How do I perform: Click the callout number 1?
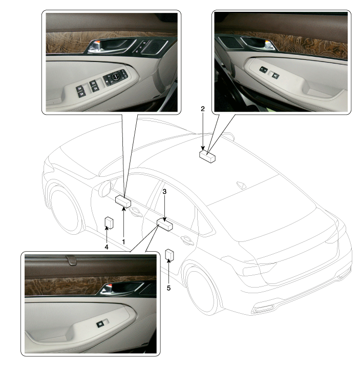[123, 242]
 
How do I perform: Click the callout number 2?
[203, 109]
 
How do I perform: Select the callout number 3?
[164, 192]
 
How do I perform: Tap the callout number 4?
[107, 247]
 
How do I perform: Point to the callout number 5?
[169, 288]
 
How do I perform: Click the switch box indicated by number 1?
[123, 201]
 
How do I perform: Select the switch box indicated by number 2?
[207, 156]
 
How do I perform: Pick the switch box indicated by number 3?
[165, 224]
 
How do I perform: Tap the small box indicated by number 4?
[109, 222]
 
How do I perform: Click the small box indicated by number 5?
[170, 255]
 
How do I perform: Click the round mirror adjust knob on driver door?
[116, 76]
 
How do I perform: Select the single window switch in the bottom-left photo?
[100, 324]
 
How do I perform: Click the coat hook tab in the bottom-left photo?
[72, 260]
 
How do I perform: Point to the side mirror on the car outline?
[105, 188]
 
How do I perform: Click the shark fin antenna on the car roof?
[241, 185]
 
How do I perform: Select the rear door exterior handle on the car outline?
[187, 240]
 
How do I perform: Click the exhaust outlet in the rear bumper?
[264, 310]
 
